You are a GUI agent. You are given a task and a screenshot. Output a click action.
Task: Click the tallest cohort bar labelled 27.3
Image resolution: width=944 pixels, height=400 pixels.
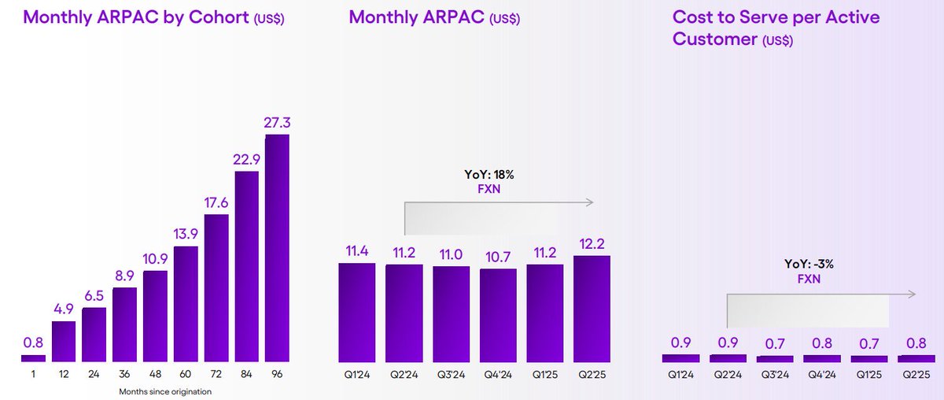277,248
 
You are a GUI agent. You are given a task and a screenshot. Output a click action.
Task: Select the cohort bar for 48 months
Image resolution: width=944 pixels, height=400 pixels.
155,317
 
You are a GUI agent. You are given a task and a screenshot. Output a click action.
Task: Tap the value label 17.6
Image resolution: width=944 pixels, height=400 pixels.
216,203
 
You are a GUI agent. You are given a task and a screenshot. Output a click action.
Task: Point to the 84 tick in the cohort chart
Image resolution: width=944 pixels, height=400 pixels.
246,374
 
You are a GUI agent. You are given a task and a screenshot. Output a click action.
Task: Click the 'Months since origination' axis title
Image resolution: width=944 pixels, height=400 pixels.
165,391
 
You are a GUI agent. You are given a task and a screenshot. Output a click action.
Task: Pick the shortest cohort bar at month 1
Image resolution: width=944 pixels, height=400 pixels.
33,358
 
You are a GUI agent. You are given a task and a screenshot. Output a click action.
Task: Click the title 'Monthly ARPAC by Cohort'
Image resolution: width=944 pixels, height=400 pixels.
135,17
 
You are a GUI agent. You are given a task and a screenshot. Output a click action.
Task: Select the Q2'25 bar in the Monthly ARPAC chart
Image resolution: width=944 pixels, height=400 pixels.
592,309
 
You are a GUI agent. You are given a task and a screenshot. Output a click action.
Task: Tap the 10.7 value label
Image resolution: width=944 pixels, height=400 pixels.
498,257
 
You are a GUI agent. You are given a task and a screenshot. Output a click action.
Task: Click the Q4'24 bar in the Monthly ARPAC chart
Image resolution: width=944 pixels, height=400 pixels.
498,316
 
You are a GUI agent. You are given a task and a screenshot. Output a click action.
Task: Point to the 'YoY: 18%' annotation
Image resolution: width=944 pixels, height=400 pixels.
489,174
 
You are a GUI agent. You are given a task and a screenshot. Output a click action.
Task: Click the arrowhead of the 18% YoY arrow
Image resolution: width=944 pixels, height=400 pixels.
591,202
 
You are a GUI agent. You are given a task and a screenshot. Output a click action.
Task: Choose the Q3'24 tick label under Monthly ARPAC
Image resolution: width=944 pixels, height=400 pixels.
451,374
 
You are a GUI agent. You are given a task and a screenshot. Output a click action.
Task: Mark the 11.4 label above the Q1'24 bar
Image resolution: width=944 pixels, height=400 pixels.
357,251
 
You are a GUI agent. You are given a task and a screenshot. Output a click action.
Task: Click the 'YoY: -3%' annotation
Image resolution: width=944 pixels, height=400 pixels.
809,264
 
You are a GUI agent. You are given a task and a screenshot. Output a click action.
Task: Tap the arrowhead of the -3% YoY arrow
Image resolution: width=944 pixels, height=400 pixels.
913,294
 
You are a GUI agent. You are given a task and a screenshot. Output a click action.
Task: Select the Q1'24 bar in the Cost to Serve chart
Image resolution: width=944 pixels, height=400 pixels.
680,358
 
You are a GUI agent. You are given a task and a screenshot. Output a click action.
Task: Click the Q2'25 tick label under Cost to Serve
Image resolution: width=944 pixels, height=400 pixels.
916,374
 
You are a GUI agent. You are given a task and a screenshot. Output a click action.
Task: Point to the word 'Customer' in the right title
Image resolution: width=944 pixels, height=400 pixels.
715,39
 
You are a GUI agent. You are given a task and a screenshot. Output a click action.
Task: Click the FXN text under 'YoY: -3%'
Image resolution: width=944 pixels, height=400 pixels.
809,279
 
